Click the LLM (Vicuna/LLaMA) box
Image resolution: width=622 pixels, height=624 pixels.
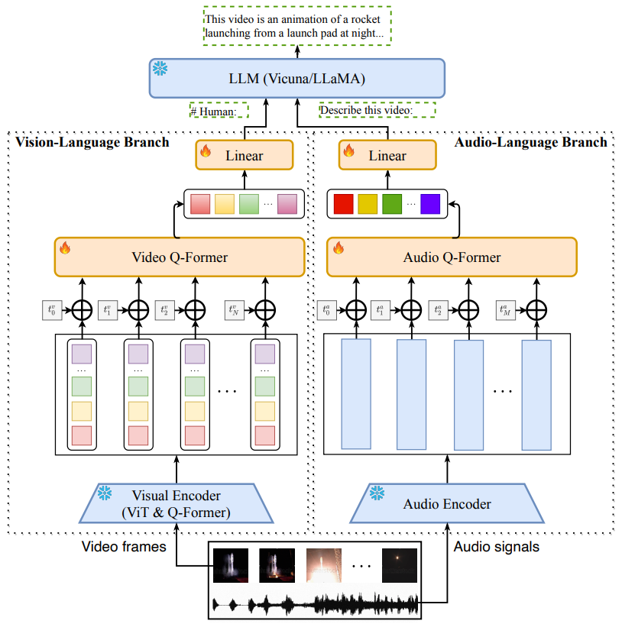[297, 79]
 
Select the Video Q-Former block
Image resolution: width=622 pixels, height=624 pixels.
[180, 257]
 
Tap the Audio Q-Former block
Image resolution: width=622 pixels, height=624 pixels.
[452, 257]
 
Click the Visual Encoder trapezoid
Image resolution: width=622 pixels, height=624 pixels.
[177, 503]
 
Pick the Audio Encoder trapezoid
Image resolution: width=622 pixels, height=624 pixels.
[447, 503]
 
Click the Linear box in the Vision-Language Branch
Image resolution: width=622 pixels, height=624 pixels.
[245, 155]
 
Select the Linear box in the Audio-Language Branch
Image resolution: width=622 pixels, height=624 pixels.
[387, 155]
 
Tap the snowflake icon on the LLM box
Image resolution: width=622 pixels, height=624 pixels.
[160, 69]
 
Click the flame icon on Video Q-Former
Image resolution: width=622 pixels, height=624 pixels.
[65, 247]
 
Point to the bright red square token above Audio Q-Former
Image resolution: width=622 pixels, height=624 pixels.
[343, 204]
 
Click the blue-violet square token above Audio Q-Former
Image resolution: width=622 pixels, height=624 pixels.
[430, 204]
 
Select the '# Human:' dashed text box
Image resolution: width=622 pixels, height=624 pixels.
[219, 111]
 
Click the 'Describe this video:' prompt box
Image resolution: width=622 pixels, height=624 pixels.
[377, 110]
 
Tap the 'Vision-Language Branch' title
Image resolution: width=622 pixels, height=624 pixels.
[92, 142]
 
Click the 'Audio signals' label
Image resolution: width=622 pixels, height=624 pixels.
[496, 547]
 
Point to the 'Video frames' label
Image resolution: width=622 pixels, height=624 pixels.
[124, 547]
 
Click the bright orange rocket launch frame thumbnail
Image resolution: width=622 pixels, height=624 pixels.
[324, 565]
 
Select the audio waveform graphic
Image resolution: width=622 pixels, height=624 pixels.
[315, 603]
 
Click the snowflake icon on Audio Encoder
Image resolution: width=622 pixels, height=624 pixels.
[377, 493]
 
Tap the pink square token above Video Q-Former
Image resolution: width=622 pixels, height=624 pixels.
[287, 204]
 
